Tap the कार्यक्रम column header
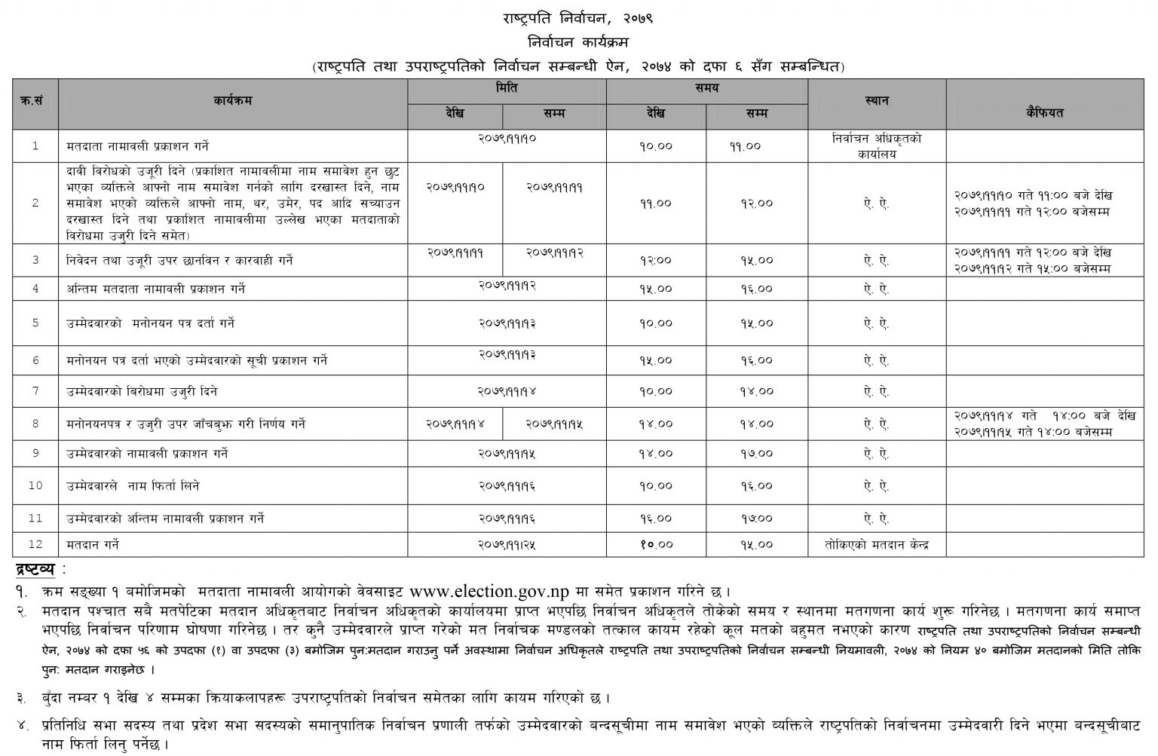(x=232, y=101)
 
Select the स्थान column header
(x=877, y=101)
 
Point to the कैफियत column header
(x=1044, y=113)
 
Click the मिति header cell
(x=507, y=88)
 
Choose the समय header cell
(x=706, y=88)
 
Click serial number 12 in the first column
(x=35, y=544)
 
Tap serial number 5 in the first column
(x=35, y=323)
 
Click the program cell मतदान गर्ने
(x=93, y=544)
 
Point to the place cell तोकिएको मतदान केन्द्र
(x=877, y=544)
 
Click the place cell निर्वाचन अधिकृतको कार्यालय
(x=877, y=146)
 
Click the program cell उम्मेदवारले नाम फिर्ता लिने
(x=133, y=486)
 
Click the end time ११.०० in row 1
(x=745, y=147)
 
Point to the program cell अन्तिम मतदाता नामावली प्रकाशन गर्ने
(x=155, y=289)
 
